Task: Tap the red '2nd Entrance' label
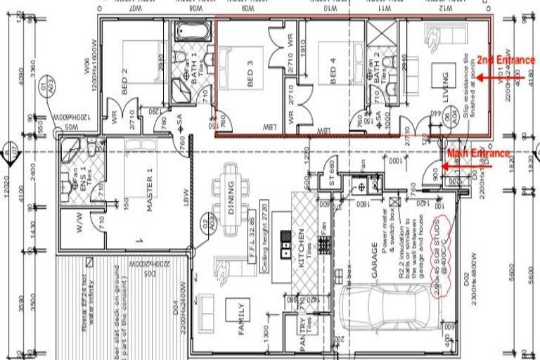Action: [x=506, y=60]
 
